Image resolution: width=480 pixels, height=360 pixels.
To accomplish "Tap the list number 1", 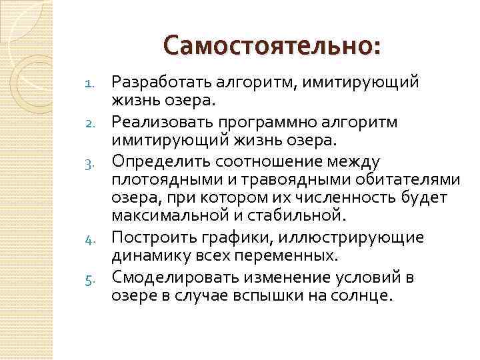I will (92, 83).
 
